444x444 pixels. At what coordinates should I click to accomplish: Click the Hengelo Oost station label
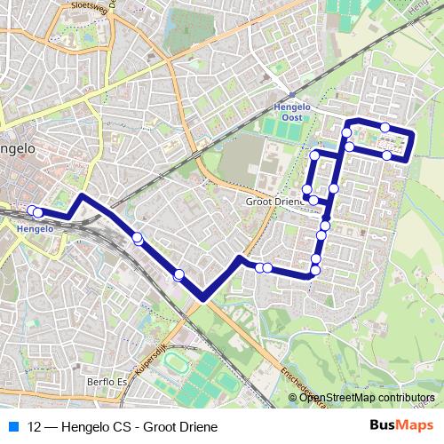point(291,112)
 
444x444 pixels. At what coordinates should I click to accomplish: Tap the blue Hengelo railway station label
point(36,228)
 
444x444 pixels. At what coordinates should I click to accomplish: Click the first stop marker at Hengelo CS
point(33,210)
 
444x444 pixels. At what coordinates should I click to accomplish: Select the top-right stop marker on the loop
point(385,128)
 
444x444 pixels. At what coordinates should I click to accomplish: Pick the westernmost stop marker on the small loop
point(306,189)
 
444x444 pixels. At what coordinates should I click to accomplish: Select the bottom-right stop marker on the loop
point(387,155)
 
